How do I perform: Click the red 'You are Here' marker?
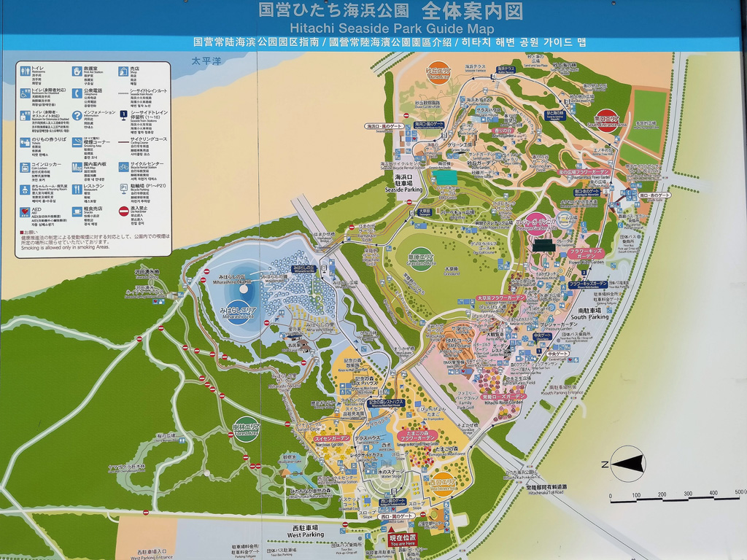403,540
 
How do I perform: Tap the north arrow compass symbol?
627,464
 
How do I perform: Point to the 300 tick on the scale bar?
687,495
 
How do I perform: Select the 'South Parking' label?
589,314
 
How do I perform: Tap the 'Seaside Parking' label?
403,183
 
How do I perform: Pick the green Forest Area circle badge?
246,428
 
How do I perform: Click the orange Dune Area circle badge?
437,73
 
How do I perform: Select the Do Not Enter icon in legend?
124,211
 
